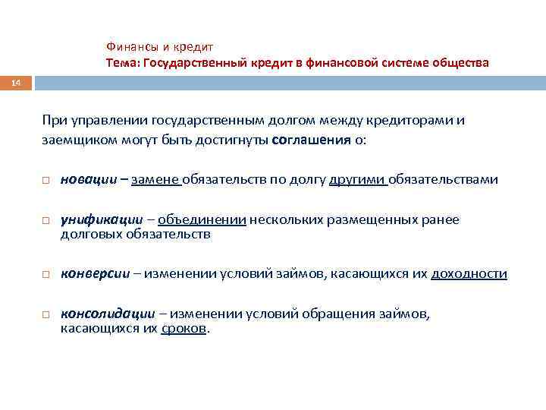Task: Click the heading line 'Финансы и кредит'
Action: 159,46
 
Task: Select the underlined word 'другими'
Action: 358,180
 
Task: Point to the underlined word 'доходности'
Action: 469,274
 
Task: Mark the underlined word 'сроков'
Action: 183,330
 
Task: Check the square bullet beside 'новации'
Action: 46,181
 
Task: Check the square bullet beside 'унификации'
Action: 46,221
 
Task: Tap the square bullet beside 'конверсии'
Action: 46,275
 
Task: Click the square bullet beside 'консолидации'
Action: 46,314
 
